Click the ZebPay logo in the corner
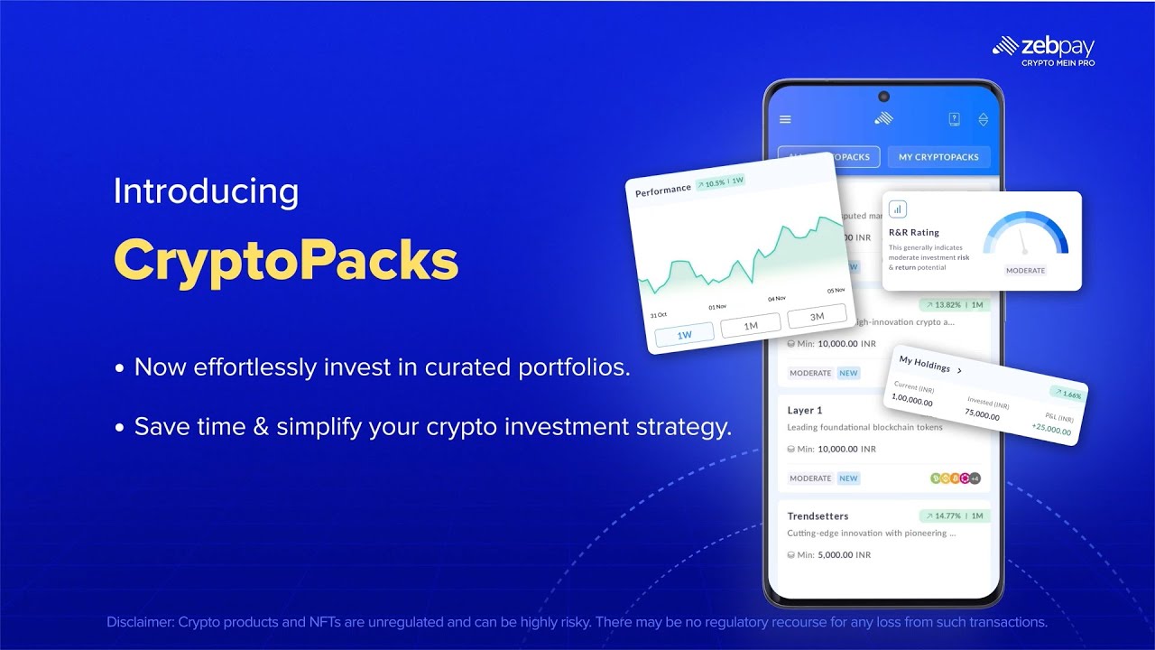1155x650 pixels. [1043, 51]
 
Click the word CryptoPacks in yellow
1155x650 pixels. [286, 261]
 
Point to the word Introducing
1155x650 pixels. [206, 191]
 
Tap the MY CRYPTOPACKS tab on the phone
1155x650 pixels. [938, 157]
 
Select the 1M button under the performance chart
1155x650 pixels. [751, 325]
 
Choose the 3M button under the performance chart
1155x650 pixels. [817, 317]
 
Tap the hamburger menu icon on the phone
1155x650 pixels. [785, 119]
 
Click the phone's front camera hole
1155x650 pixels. [883, 97]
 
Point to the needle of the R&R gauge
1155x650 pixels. [1023, 241]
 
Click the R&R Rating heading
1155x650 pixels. [914, 233]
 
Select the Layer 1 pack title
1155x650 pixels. [805, 410]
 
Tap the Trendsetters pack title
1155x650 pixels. [818, 516]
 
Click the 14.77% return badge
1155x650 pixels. [955, 516]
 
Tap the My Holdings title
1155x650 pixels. [926, 366]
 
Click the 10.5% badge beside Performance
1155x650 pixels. [720, 182]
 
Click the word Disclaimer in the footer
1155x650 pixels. [139, 622]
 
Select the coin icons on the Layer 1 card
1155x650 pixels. [955, 478]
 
